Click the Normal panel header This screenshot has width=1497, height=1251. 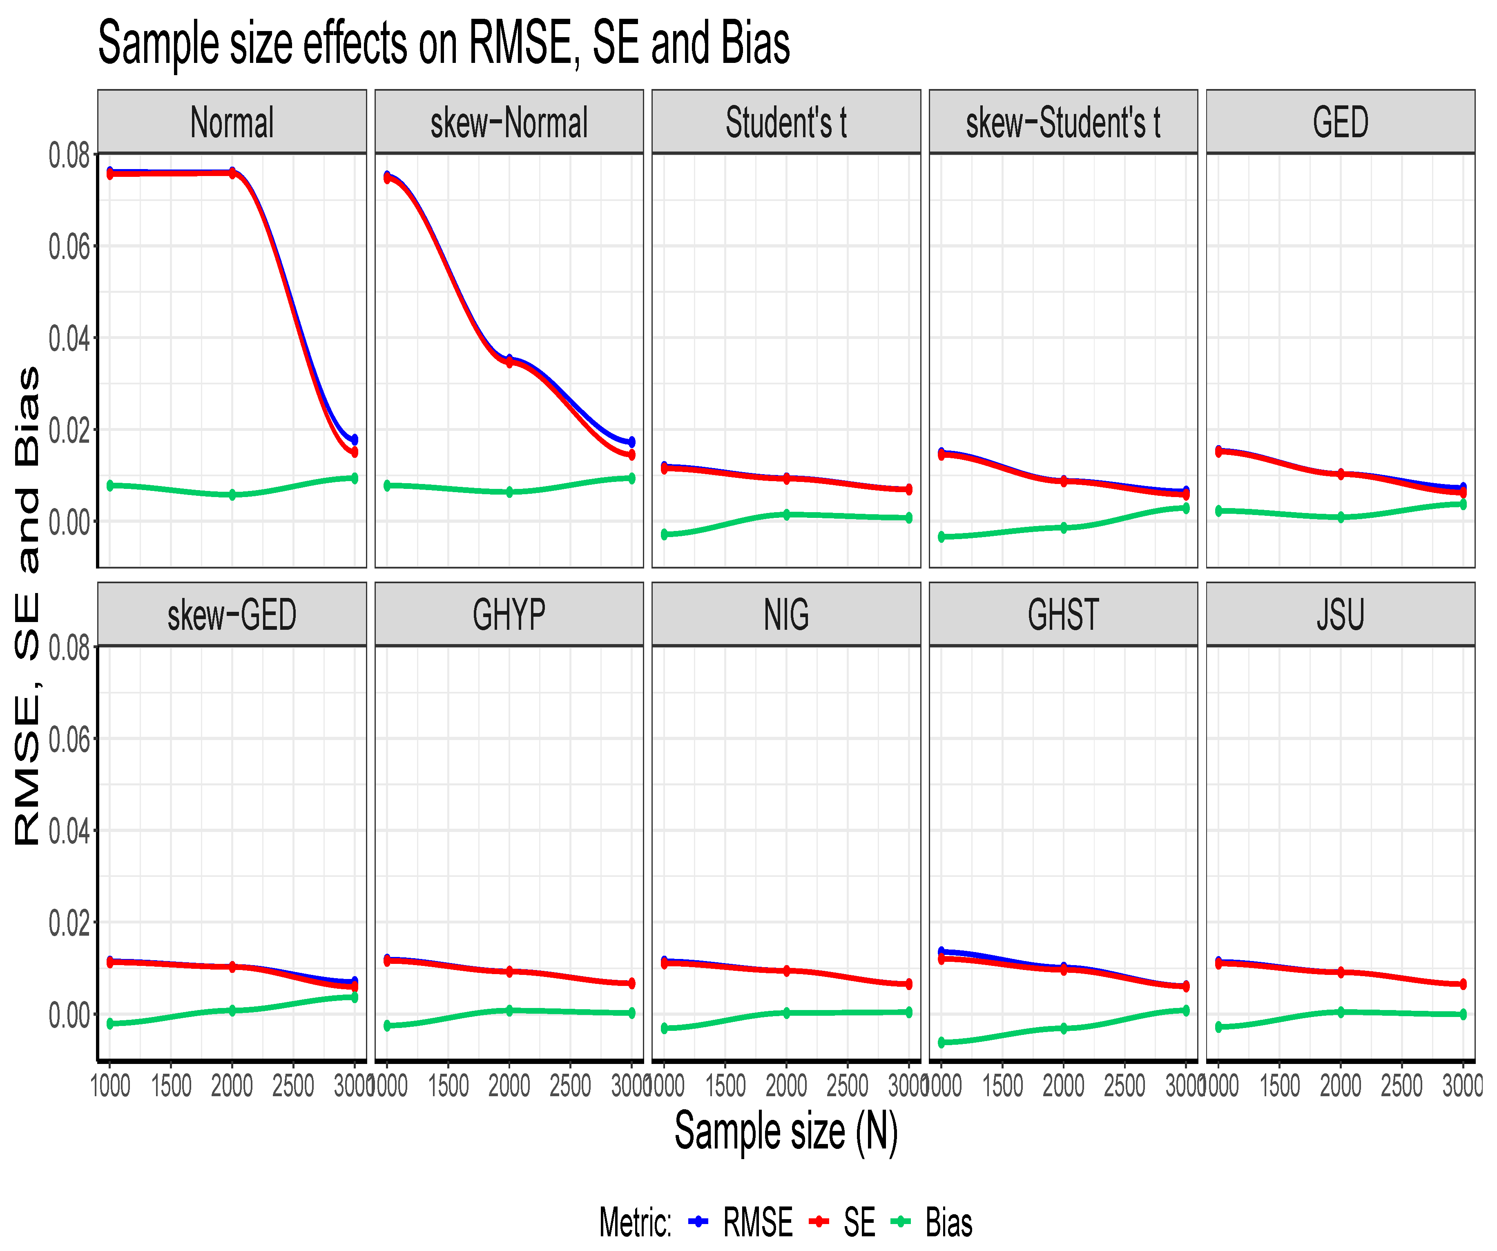[x=232, y=122]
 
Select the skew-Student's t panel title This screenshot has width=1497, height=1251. [x=1063, y=122]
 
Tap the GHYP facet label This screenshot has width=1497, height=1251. [x=509, y=614]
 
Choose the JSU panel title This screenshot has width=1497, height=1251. [x=1340, y=614]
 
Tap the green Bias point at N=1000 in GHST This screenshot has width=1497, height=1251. [x=941, y=1042]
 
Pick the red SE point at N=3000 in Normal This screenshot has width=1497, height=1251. [x=354, y=452]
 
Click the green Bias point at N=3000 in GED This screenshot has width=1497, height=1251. [x=1463, y=504]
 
